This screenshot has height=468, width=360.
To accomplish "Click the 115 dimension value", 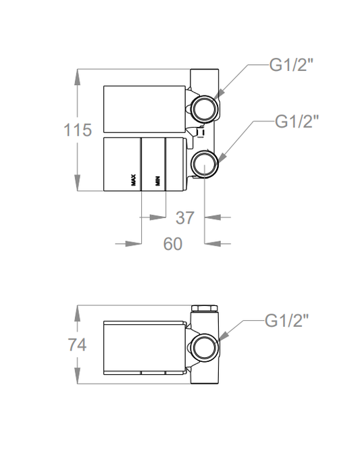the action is (x=78, y=130).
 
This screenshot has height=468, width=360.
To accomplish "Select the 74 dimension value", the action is (x=77, y=344).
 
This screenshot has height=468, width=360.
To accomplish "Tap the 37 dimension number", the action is (x=185, y=218).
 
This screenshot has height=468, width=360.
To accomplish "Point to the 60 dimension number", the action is (x=172, y=244).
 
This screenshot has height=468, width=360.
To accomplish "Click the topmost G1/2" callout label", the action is (x=291, y=64).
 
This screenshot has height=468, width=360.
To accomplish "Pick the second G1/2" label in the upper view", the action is (x=297, y=121).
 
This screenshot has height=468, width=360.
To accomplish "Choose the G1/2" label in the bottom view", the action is (x=286, y=321).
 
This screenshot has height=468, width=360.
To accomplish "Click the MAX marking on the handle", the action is (x=134, y=180).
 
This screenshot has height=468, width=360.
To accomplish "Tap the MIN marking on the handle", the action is (x=157, y=181).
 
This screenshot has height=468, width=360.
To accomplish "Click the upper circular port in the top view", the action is (x=205, y=108).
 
